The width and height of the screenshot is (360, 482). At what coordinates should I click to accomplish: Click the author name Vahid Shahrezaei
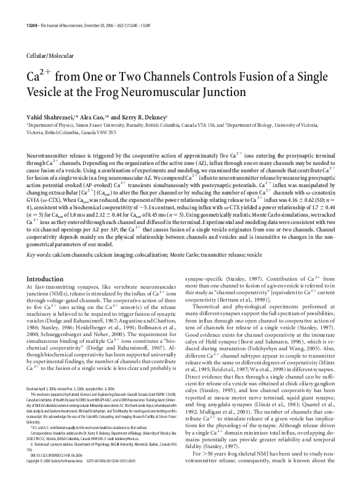click(51, 116)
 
